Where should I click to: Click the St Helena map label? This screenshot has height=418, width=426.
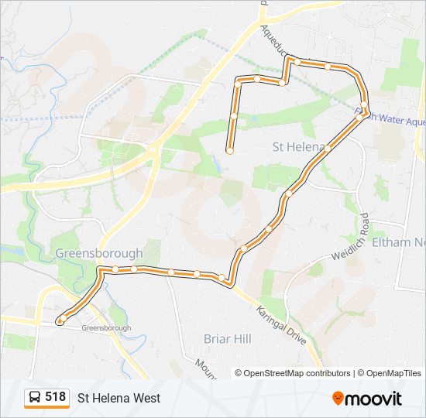(x=296, y=147)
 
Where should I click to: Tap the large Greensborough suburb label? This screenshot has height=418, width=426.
(x=99, y=253)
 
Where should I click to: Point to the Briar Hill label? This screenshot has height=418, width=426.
(x=228, y=338)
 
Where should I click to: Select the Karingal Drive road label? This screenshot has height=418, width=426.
(x=282, y=323)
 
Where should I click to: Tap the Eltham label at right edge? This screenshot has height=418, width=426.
(x=399, y=242)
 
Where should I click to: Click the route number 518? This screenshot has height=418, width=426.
(x=55, y=397)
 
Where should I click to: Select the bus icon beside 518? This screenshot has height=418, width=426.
(x=35, y=397)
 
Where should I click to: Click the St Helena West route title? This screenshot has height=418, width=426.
(x=119, y=398)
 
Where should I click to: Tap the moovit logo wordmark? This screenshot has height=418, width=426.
(x=375, y=399)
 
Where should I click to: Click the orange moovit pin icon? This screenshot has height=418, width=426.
(x=338, y=399)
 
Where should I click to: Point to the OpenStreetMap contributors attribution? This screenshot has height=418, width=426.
(x=294, y=373)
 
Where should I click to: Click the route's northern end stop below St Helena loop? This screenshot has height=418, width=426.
(x=230, y=151)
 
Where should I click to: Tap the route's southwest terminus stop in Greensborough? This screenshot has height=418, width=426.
(x=60, y=320)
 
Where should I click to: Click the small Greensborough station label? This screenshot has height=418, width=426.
(x=106, y=328)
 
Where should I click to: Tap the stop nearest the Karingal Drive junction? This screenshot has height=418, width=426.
(x=222, y=277)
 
